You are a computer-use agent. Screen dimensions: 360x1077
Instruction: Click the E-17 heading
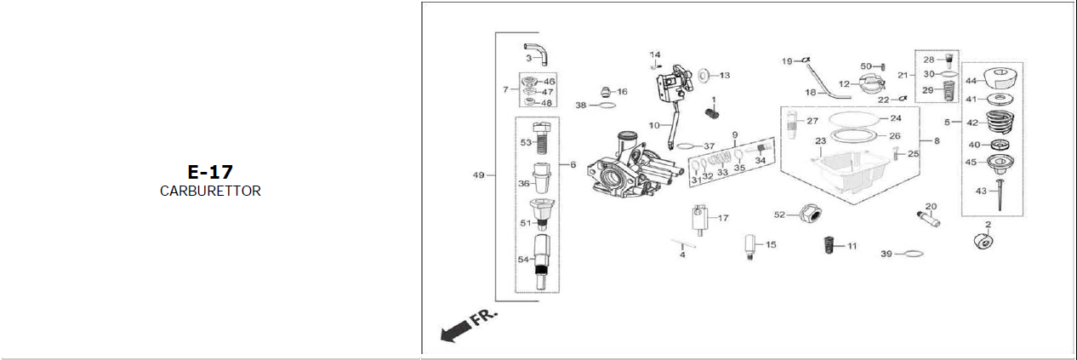(x=210, y=172)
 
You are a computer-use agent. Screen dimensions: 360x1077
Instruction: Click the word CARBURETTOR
(x=210, y=191)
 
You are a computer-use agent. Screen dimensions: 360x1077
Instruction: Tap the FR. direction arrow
(x=464, y=326)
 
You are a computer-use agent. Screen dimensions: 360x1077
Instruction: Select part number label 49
(x=479, y=175)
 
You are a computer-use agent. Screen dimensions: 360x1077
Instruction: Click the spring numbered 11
(x=825, y=246)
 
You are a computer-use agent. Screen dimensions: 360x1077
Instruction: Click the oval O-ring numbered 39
(x=911, y=254)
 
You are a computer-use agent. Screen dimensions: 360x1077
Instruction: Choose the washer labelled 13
(x=705, y=76)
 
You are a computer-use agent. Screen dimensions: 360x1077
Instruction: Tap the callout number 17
(x=723, y=218)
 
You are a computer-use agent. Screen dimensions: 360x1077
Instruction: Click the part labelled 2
(x=983, y=243)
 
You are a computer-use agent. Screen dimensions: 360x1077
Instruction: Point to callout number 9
(x=734, y=134)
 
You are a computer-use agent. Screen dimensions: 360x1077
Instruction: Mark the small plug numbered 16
(x=606, y=91)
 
